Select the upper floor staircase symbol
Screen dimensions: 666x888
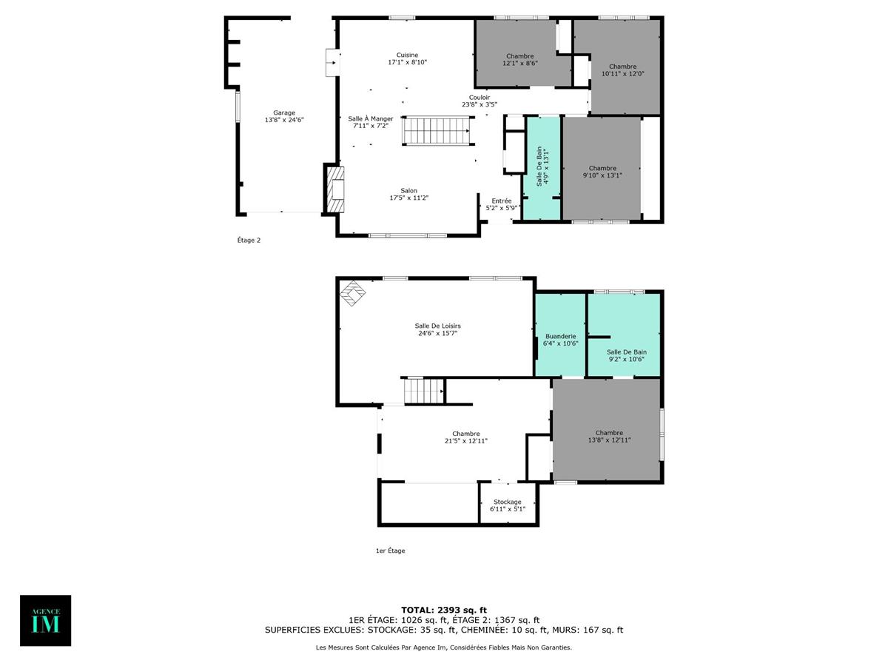coord(437,131)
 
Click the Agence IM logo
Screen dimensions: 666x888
coord(45,620)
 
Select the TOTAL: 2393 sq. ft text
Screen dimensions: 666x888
coord(444,609)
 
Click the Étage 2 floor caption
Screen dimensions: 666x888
coord(249,240)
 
